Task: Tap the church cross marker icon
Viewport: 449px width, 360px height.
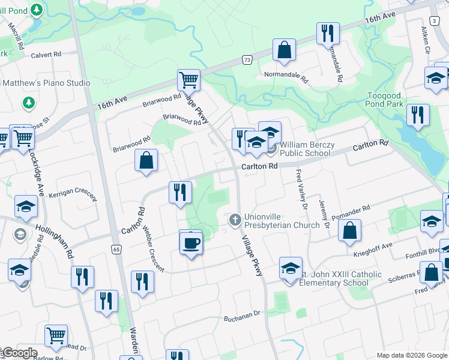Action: (235, 220)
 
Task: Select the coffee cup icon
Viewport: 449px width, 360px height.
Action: (191, 243)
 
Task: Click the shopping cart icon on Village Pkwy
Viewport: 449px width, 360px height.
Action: (188, 80)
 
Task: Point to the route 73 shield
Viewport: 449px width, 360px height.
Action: (247, 59)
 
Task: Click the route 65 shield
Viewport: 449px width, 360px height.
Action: (116, 248)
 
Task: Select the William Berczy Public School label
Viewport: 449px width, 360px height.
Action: (305, 149)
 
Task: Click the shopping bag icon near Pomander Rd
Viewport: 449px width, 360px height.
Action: (349, 230)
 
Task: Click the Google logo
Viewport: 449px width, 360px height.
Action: (19, 353)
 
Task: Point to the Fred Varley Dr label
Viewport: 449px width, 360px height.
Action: (301, 190)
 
